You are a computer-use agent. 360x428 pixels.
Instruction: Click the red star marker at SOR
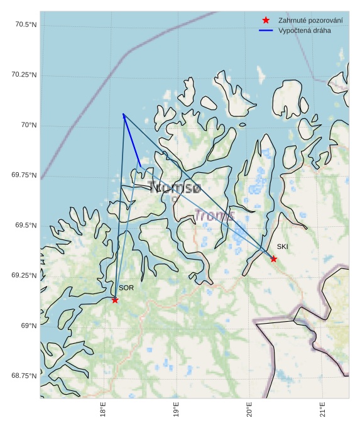pyautogui.click(x=115, y=300)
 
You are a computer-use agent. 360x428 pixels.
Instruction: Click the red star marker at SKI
pyautogui.click(x=273, y=259)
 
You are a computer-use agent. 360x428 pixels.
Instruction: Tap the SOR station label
pyautogui.click(x=126, y=288)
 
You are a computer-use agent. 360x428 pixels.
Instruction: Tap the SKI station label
pyautogui.click(x=282, y=247)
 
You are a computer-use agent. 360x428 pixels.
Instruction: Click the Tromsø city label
pyautogui.click(x=175, y=187)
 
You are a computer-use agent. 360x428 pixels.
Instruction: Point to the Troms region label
pyautogui.click(x=214, y=216)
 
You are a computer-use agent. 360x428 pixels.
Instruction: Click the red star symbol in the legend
pyautogui.click(x=266, y=21)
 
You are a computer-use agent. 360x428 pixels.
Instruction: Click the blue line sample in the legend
pyautogui.click(x=266, y=30)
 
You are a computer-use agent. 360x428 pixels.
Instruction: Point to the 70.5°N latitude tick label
pyautogui.click(x=24, y=25)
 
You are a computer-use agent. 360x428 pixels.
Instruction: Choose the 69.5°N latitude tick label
pyautogui.click(x=24, y=226)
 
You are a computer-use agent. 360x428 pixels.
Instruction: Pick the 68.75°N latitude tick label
pyautogui.click(x=24, y=376)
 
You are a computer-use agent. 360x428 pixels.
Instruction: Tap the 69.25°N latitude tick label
pyautogui.click(x=24, y=275)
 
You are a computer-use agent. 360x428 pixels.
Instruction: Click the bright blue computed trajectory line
pyautogui.click(x=131, y=140)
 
